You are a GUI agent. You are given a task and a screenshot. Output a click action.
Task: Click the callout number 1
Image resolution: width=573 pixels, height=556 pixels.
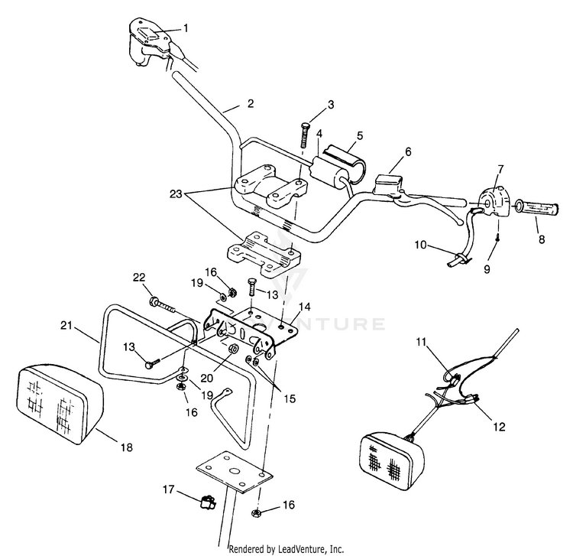186,28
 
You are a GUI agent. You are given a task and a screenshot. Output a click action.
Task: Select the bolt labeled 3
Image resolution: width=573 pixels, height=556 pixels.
303,135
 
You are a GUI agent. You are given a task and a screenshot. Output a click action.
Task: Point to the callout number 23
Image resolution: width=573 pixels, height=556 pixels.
176,193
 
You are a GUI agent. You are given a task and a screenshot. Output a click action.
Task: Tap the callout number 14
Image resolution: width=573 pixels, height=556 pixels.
305,307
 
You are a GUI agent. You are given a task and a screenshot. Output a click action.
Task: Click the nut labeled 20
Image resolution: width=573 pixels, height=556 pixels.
232,349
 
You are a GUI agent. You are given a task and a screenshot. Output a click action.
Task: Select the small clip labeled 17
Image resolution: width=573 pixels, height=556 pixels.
209,502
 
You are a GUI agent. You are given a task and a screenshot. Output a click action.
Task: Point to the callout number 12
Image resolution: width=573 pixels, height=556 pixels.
499,427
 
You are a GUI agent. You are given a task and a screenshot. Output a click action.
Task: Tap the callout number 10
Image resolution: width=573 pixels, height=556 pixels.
421,244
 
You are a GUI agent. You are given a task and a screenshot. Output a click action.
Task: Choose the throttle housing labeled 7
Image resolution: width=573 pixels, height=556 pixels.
494,202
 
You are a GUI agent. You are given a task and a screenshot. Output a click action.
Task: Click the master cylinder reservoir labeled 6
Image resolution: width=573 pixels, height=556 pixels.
388,183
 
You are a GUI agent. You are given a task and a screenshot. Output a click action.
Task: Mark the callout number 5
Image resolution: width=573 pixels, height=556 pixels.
360,135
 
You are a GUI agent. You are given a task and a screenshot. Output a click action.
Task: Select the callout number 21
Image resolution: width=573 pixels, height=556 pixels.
66,325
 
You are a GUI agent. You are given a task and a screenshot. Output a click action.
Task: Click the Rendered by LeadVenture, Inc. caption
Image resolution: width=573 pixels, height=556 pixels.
286,549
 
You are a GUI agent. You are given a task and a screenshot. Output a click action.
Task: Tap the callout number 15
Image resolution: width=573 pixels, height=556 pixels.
290,398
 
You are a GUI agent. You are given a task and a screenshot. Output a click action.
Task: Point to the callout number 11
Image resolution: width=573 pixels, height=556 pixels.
421,342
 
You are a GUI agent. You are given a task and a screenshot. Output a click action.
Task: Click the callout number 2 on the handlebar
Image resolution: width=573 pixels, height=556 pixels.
251,103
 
